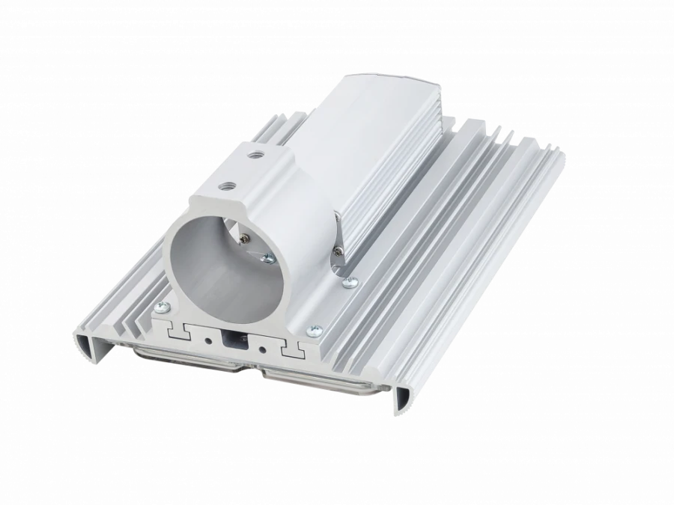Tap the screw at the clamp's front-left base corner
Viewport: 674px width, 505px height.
[160, 306]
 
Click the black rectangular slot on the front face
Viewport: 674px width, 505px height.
[233, 339]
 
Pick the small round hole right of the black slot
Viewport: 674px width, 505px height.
[261, 348]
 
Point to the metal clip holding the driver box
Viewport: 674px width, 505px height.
[338, 239]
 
